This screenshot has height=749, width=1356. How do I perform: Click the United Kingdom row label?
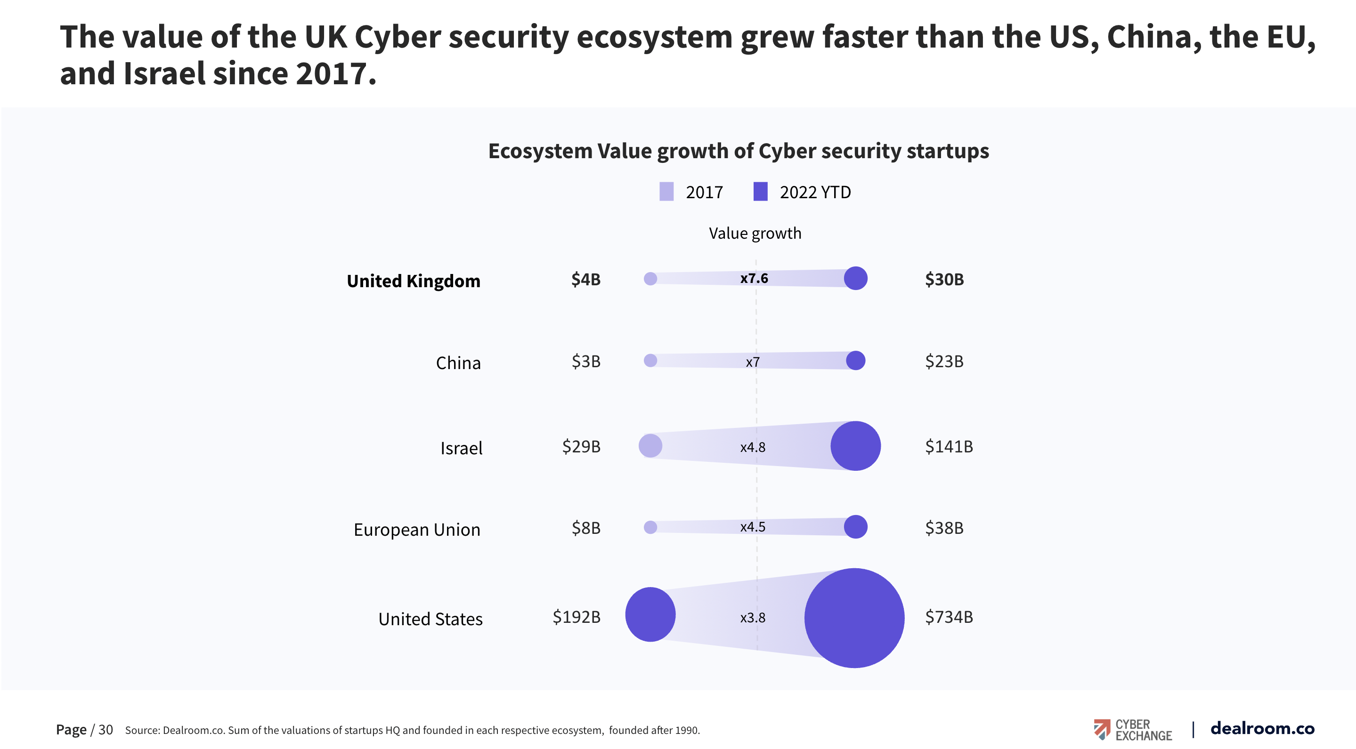click(x=413, y=281)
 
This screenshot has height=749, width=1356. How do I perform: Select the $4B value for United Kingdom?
click(x=585, y=279)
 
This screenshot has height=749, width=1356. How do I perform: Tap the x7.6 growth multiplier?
click(x=754, y=278)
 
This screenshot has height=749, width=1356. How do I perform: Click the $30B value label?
click(x=944, y=279)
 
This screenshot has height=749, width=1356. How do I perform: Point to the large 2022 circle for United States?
click(x=854, y=618)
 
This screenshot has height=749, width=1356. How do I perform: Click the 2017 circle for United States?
click(x=650, y=614)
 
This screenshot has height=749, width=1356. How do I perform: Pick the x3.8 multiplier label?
click(x=752, y=618)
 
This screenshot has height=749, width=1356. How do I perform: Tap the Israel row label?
click(x=461, y=448)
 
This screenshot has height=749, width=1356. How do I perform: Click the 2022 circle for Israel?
click(x=855, y=446)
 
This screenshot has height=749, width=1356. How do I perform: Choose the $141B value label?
click(x=949, y=447)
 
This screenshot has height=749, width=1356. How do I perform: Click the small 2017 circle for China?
click(x=650, y=361)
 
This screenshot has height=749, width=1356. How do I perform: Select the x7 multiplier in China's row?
click(x=752, y=362)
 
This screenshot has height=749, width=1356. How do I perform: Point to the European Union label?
click(x=416, y=529)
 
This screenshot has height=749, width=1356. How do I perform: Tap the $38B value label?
click(x=944, y=528)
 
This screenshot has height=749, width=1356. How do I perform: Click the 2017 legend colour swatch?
click(x=666, y=192)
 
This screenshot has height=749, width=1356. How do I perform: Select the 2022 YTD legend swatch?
click(x=760, y=192)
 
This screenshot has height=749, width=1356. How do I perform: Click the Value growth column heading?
click(x=755, y=233)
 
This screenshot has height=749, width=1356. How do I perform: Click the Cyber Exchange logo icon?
click(x=1101, y=729)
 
